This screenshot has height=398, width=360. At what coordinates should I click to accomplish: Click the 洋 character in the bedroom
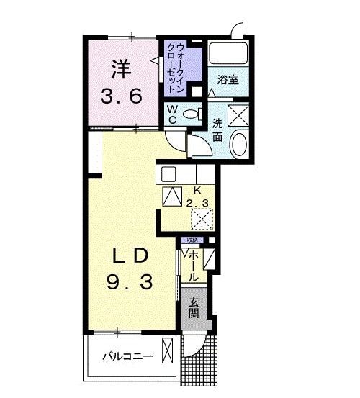coord(121,71)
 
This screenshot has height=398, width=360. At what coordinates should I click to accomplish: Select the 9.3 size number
coord(131,283)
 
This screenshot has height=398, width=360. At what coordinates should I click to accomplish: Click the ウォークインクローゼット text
coord(176,70)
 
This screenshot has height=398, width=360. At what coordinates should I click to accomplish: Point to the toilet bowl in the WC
coord(191,114)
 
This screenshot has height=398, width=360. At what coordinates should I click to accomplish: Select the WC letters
coord(173,114)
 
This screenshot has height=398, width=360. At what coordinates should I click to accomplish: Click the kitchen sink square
coord(168,173)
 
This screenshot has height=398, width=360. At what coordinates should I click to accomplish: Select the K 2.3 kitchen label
coord(197,196)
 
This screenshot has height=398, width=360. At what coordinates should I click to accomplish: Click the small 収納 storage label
coord(193,240)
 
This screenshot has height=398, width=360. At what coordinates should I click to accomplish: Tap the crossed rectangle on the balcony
coord(168,352)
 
